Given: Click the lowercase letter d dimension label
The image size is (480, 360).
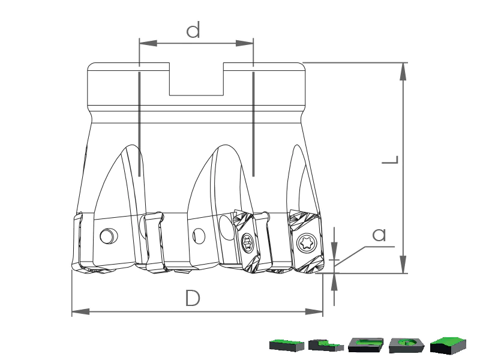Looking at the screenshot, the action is (193, 29).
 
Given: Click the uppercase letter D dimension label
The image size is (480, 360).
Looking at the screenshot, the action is (193, 298).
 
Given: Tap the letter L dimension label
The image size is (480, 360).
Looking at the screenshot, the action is (391, 160).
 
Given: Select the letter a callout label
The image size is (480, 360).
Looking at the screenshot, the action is (379, 235).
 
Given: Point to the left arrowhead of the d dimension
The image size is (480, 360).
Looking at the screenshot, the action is (148, 43).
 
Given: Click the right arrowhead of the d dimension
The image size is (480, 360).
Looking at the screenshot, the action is (245, 43).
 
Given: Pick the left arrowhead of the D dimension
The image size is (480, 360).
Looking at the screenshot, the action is (80, 311).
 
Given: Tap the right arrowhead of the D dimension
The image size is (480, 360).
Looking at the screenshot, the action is (314, 311).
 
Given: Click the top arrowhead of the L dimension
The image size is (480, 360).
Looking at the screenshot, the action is (403, 71).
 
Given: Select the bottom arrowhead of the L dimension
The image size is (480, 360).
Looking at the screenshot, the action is (403, 264).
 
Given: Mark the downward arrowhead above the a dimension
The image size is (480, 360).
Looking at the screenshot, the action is (334, 251).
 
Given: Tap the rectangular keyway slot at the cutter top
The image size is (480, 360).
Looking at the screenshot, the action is (196, 79).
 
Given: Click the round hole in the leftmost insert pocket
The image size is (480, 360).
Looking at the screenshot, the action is (108, 236).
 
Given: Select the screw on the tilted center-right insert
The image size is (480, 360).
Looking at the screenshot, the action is (247, 244).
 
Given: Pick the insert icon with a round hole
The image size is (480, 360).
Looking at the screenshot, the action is (407, 345).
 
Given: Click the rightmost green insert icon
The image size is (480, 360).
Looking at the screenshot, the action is (448, 345).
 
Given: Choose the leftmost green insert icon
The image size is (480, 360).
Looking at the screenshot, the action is (287, 344).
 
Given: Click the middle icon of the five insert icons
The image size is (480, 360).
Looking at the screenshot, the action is (366, 345).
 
